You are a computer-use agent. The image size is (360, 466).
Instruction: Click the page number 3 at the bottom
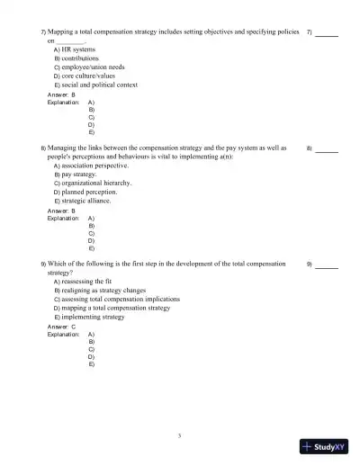180,435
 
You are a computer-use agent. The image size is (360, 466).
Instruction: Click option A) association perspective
91,166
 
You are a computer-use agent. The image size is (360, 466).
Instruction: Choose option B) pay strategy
76,174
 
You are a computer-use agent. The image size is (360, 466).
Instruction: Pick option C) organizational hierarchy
93,183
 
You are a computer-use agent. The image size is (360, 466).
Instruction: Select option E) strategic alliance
84,201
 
